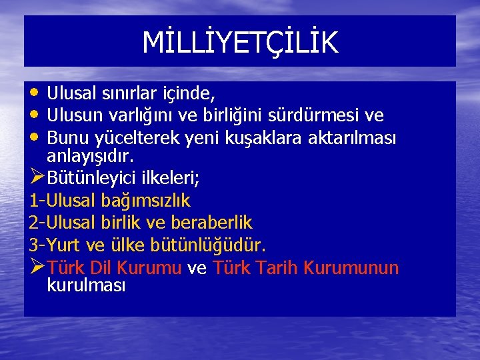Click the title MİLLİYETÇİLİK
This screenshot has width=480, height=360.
240,42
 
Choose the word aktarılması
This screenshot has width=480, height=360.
357,138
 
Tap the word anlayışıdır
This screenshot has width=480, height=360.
90,156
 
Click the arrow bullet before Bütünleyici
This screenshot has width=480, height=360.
37,178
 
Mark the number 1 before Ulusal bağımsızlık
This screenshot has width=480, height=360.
34,200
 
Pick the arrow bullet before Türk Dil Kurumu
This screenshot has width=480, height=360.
37,267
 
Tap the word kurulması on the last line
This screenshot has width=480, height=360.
86,285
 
